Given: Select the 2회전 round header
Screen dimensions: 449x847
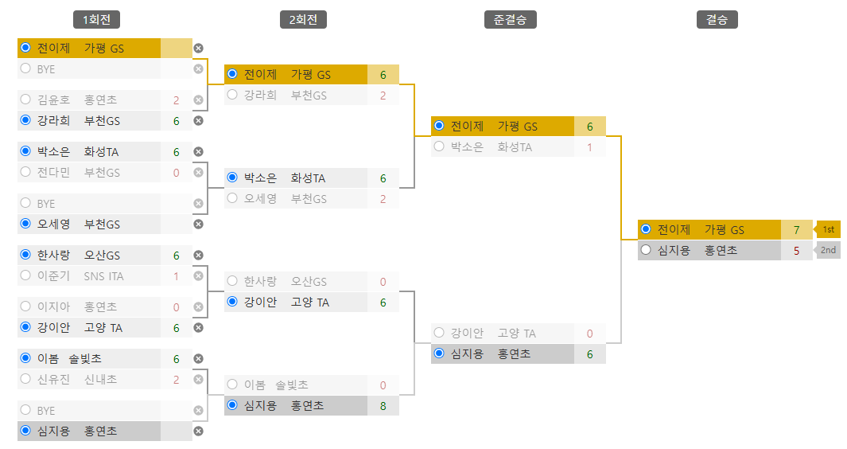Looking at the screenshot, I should coord(303,20).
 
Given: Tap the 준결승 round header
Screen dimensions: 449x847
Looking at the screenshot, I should coord(510,20).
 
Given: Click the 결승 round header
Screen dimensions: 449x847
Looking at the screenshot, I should coord(717,20).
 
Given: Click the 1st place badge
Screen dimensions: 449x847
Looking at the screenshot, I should coord(828,229).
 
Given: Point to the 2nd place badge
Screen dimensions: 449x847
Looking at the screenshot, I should coord(828,250).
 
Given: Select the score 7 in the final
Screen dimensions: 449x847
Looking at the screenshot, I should coord(796,230).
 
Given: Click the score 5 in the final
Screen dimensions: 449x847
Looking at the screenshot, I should coord(796,251).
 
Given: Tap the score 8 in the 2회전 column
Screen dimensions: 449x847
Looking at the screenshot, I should coord(383,406).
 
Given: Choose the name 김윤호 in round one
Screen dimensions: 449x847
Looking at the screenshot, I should coord(53,100).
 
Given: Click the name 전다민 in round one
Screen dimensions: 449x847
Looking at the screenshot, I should coord(53,173).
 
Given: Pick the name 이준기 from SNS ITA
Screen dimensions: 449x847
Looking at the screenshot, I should coord(53,276).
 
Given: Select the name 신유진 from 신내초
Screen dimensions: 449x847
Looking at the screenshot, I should coord(53,380).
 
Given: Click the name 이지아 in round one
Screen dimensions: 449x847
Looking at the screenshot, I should coord(53,307).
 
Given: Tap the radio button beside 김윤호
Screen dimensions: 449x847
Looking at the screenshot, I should coord(25,100).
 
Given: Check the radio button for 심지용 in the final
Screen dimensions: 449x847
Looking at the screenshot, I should coord(646,251).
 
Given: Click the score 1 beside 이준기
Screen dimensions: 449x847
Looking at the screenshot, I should coord(176,276).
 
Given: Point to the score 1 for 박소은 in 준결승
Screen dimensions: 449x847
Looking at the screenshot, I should coord(589,147).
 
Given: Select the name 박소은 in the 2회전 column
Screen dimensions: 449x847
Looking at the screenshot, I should coord(260,178).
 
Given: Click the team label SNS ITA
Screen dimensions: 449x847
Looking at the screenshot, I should coord(104,276).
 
